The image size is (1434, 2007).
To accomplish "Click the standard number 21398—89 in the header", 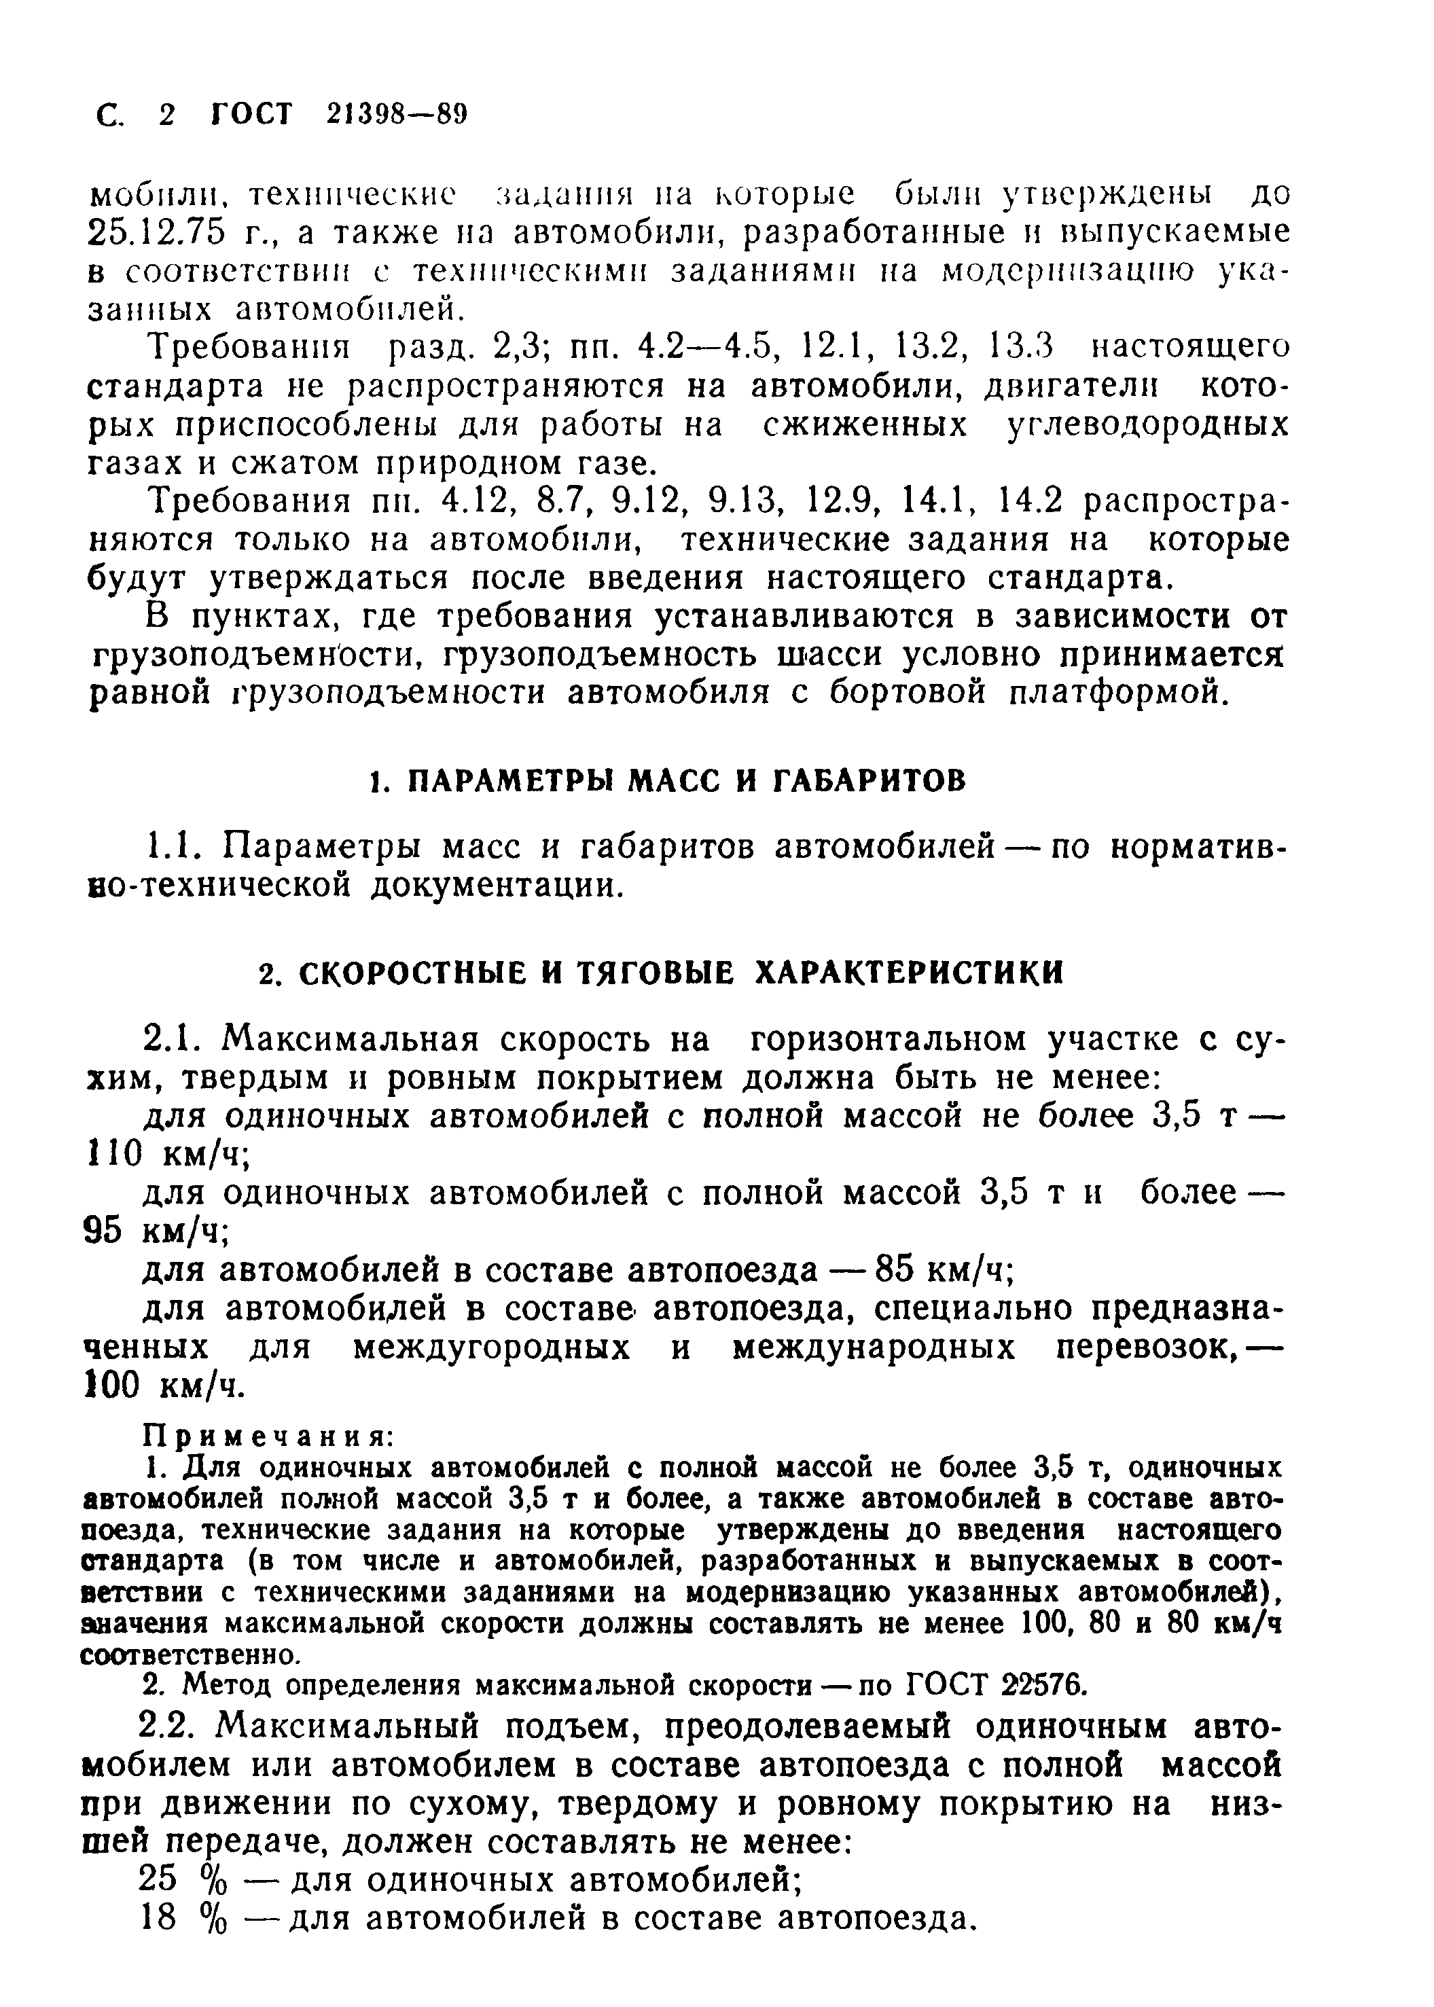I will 395,115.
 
